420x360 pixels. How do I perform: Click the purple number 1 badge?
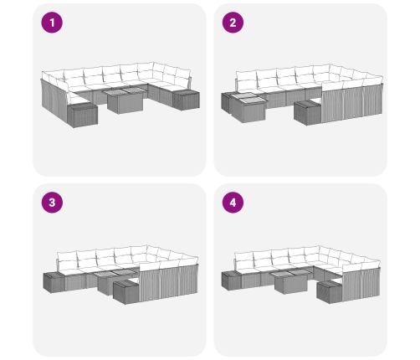pyautogui.click(x=52, y=23)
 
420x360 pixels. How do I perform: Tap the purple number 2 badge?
pyautogui.click(x=233, y=23)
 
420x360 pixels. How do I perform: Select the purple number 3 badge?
pyautogui.click(x=52, y=203)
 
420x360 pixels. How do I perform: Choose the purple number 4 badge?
pyautogui.click(x=233, y=203)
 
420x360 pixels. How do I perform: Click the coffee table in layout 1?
pyautogui.click(x=124, y=100)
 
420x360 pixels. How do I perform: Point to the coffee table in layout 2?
pyautogui.click(x=247, y=108)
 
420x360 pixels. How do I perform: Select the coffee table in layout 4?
pyautogui.click(x=291, y=281)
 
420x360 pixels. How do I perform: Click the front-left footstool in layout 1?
pyautogui.click(x=82, y=115)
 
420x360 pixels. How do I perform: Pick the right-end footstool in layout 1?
pyautogui.click(x=186, y=100)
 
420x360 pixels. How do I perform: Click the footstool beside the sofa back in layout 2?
pyautogui.click(x=308, y=112)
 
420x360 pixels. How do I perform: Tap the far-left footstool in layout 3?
pyautogui.click(x=54, y=282)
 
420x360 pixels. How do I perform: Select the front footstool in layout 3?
pyautogui.click(x=126, y=291)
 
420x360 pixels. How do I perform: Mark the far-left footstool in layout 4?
pyautogui.click(x=232, y=280)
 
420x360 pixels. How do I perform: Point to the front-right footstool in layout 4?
pyautogui.click(x=330, y=291)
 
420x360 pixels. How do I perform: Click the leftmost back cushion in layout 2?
pyautogui.click(x=246, y=78)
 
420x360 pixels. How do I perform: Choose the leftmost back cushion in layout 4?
pyautogui.click(x=244, y=259)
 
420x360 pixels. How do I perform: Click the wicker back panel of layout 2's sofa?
pyautogui.click(x=352, y=102)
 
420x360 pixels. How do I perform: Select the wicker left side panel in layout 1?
pyautogui.click(x=54, y=100)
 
